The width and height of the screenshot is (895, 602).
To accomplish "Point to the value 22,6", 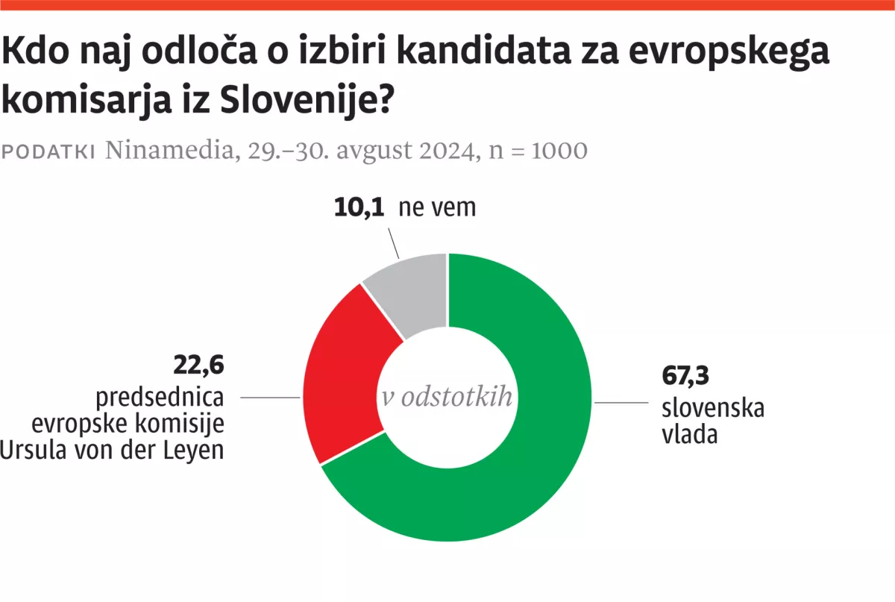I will tap(200, 366).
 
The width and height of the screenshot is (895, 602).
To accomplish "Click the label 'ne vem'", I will tap(437, 207).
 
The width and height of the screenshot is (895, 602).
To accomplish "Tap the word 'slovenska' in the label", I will tap(713, 408).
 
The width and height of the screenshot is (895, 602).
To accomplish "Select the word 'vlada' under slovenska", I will tap(690, 434).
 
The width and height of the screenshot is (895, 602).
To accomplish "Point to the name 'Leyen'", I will tap(196, 450).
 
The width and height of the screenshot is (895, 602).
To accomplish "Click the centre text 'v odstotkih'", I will tap(447, 398).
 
